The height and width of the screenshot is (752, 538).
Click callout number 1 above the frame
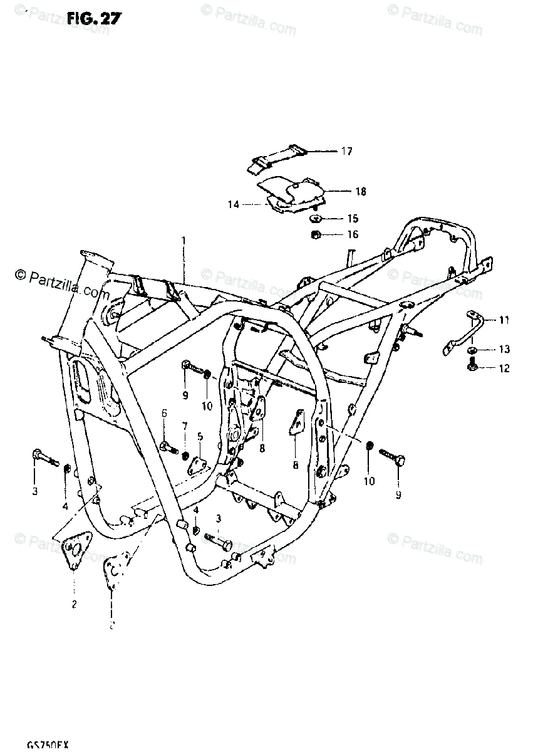pos(184,240)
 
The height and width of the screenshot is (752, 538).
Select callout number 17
pos(346,151)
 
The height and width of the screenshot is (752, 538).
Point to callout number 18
pos(360,191)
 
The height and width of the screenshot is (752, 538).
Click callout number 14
pos(233,204)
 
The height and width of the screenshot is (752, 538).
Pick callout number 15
pos(353,219)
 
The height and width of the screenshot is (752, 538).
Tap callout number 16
pos(353,234)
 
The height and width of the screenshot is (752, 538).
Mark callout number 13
pos(504,349)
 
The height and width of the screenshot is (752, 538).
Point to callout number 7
pos(185,426)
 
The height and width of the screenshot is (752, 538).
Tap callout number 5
pos(200,436)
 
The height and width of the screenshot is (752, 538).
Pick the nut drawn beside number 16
pos(317,235)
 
